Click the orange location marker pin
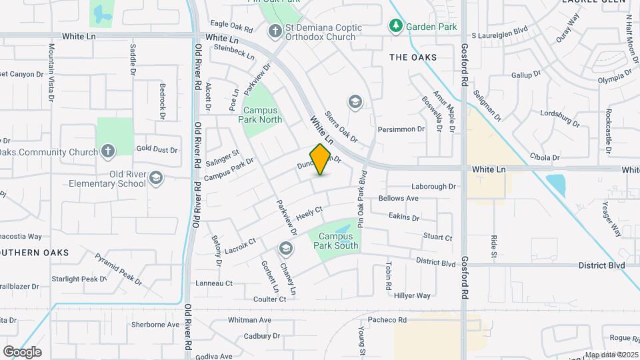pyautogui.click(x=321, y=159)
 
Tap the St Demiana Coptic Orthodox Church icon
pyautogui.click(x=274, y=31)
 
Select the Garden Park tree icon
pyautogui.click(x=396, y=27)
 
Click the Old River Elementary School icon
pyautogui.click(x=156, y=177)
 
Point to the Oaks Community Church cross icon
pyautogui.click(x=108, y=150)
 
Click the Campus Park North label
pyautogui.click(x=262, y=115)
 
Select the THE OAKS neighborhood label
pyautogui.click(x=413, y=57)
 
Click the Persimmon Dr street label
pyautogui.click(x=401, y=129)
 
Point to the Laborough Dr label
pyautogui.click(x=434, y=187)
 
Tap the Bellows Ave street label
pyautogui.click(x=398, y=198)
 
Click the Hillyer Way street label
pyautogui.click(x=412, y=295)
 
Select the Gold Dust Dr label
pyautogui.click(x=157, y=149)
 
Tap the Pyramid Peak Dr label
pyautogui.click(x=118, y=269)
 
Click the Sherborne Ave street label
pyautogui.click(x=155, y=325)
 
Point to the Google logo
pyautogui.click(x=22, y=351)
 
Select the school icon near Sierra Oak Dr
pyautogui.click(x=355, y=102)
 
